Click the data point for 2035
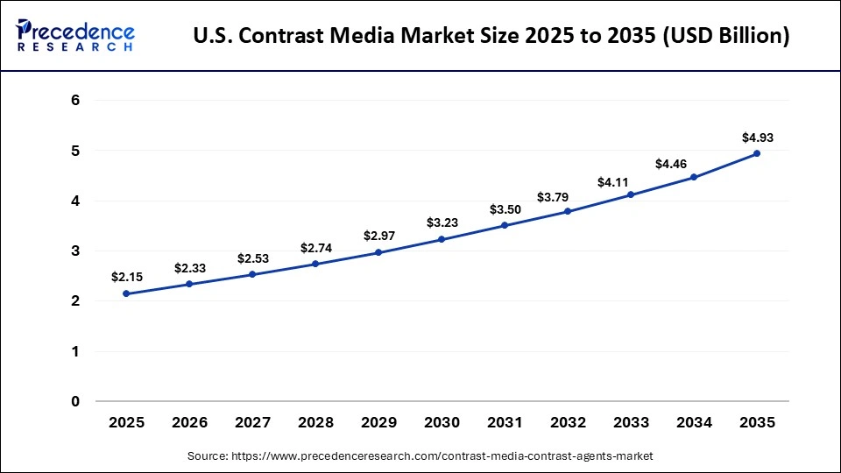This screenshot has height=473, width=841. [757, 153]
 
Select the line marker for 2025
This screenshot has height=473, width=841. [126, 293]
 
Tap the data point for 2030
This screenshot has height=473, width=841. [442, 239]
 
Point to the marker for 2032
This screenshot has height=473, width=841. [568, 211]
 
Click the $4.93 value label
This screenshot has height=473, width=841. [757, 138]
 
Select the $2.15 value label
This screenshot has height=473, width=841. [126, 277]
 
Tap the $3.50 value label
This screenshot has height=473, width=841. [505, 209]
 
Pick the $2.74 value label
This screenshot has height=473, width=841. [315, 248]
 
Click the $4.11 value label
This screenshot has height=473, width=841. [631, 182]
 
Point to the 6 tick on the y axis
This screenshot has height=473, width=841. [75, 101]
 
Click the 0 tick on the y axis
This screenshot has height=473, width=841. [75, 402]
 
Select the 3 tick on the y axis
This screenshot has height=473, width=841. [75, 251]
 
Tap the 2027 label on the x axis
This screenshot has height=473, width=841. [252, 422]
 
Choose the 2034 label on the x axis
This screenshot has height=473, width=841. [694, 422]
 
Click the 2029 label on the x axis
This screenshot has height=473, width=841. [378, 422]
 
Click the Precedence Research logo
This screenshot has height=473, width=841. [75, 36]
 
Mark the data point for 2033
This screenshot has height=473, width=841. [631, 194]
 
